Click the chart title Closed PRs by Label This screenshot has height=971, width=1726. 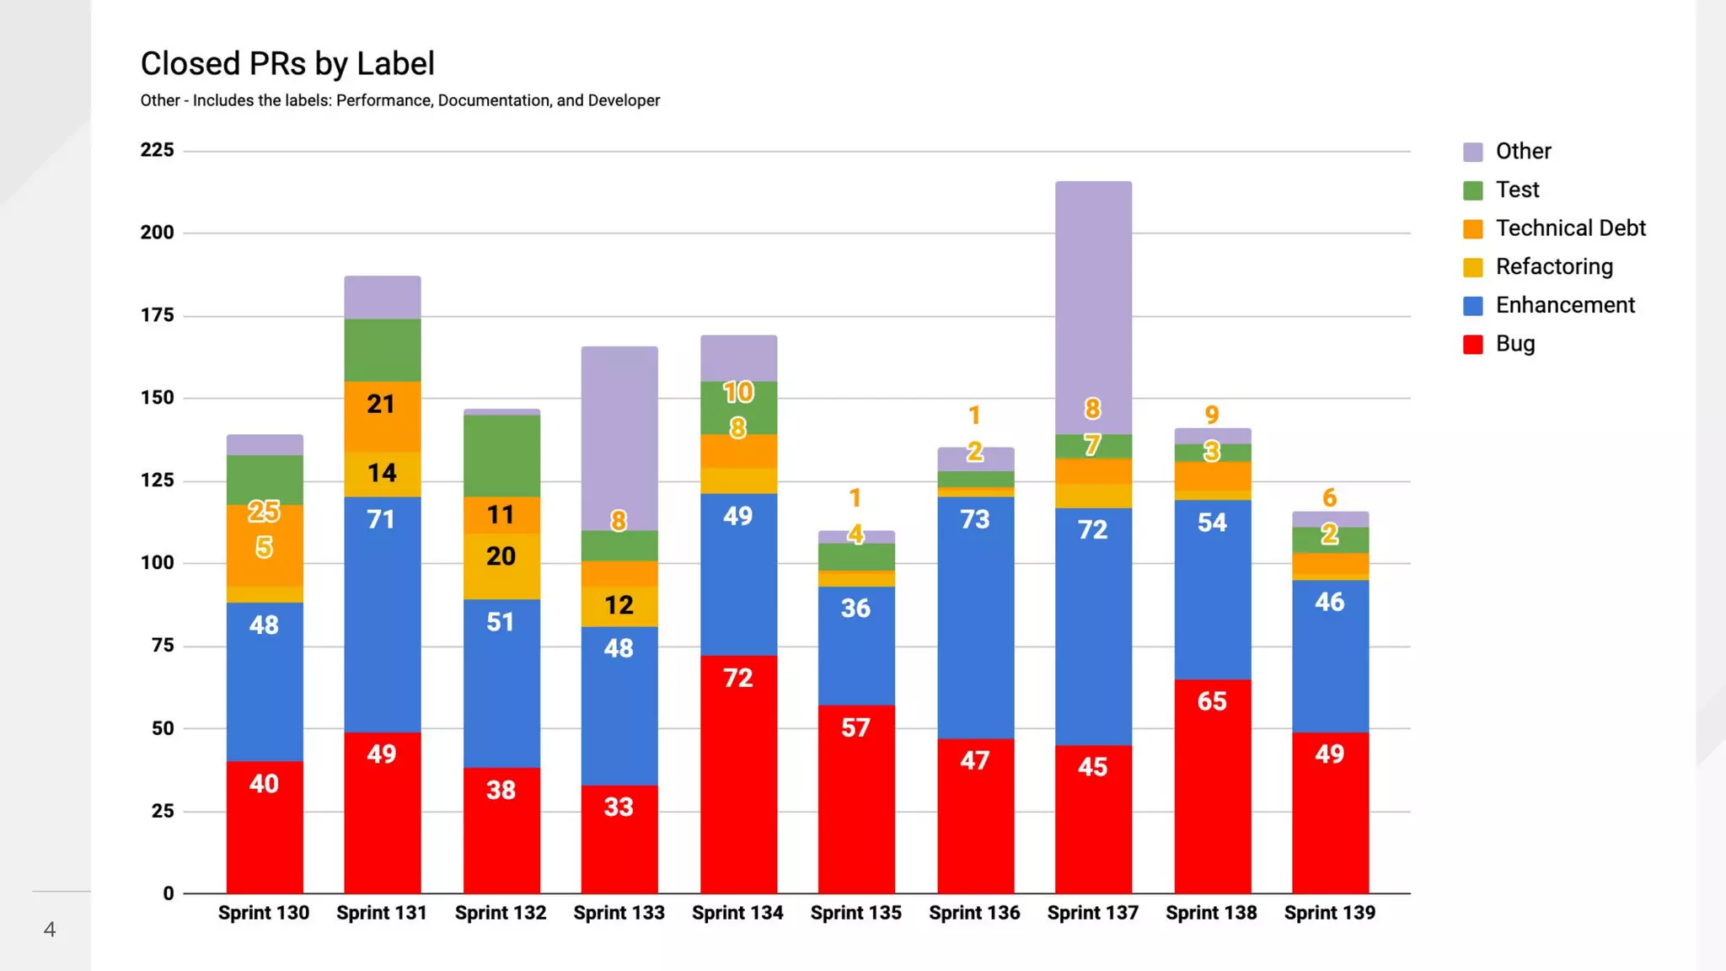tap(287, 64)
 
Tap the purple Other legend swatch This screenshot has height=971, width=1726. tap(1472, 152)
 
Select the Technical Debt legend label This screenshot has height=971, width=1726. tap(1570, 228)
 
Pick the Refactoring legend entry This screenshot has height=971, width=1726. tap(1553, 267)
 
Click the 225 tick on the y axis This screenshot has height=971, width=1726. tap(158, 150)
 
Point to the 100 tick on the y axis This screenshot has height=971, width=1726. tap(158, 563)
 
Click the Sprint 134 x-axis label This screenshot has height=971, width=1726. tap(737, 913)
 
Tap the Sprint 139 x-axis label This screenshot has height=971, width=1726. tap(1330, 913)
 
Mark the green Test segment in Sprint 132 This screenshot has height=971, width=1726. tap(501, 455)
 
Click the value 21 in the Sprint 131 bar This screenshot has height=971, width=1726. tap(381, 405)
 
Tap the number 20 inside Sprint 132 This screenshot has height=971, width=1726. tap(501, 556)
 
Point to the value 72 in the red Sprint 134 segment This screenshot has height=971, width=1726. tap(738, 678)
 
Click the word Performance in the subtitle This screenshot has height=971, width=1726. tap(384, 100)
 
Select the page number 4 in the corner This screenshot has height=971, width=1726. tap(50, 929)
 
